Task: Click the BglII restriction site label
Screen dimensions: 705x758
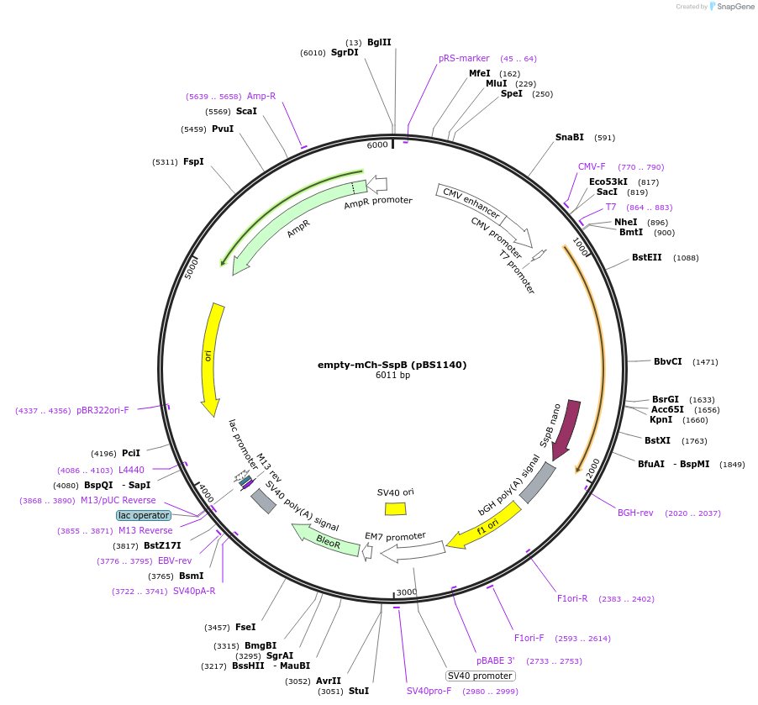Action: click(x=379, y=42)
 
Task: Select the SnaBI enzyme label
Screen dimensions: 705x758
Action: click(x=569, y=137)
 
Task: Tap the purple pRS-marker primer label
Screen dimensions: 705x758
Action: click(x=464, y=59)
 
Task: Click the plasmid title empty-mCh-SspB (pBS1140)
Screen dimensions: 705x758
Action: click(x=392, y=365)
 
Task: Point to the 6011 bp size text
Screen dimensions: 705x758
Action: click(x=392, y=376)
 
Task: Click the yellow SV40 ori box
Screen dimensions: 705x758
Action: click(x=395, y=508)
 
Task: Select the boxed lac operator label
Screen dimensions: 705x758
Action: click(x=144, y=515)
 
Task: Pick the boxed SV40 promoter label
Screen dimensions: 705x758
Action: click(x=480, y=676)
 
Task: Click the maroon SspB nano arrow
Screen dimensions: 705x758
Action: click(x=566, y=429)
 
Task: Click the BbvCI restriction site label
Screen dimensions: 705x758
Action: click(x=669, y=362)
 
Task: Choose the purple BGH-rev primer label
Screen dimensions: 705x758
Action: click(x=635, y=513)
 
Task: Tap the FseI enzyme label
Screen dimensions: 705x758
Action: click(x=245, y=627)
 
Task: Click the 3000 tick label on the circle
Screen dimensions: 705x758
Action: click(x=407, y=592)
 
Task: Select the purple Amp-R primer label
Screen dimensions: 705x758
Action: click(x=261, y=96)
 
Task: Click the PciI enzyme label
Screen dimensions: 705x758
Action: click(x=131, y=454)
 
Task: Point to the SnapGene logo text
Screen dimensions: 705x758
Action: click(x=733, y=7)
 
